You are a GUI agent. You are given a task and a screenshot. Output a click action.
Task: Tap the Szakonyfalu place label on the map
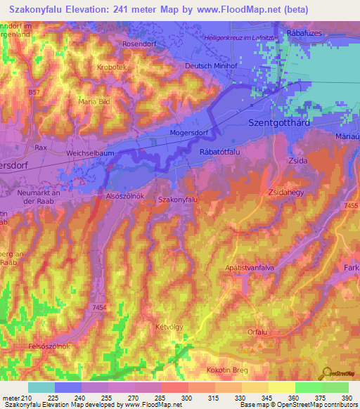point(179,200)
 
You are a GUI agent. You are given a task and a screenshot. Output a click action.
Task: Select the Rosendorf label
point(138,44)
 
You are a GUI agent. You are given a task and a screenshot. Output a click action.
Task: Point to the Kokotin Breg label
point(230,369)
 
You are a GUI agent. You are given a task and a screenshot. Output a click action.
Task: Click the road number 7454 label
point(99,307)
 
